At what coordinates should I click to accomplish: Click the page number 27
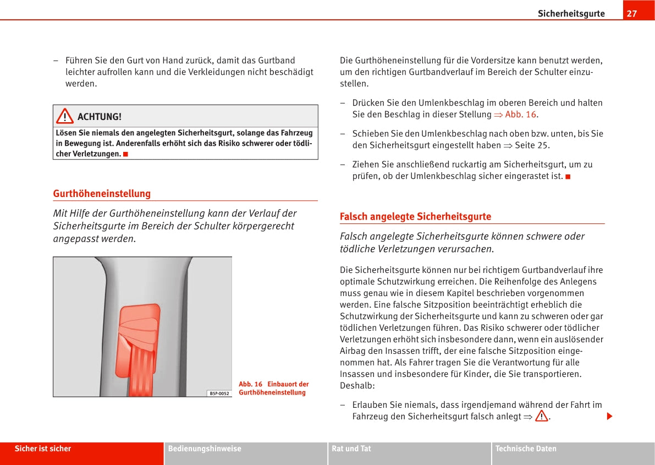[631, 14]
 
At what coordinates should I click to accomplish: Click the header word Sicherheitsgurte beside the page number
[571, 14]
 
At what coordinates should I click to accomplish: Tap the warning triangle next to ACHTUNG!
[64, 116]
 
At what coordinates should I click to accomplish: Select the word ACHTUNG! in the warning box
[100, 117]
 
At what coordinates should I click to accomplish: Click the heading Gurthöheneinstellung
[102, 194]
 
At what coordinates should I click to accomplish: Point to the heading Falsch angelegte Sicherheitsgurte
[415, 217]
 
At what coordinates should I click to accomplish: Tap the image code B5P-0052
[219, 393]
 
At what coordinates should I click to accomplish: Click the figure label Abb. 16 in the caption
[250, 384]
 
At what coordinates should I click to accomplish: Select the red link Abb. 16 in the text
[520, 114]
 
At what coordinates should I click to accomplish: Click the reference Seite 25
[532, 145]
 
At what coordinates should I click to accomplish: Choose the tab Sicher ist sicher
[43, 449]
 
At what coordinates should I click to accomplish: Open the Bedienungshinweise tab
[205, 449]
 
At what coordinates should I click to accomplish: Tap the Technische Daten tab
[526, 449]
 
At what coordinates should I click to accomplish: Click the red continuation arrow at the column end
[609, 416]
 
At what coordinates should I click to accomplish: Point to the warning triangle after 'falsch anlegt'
[542, 416]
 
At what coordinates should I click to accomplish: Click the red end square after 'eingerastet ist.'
[568, 177]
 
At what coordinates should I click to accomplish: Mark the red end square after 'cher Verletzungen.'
[126, 154]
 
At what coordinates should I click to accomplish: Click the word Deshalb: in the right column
[357, 386]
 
